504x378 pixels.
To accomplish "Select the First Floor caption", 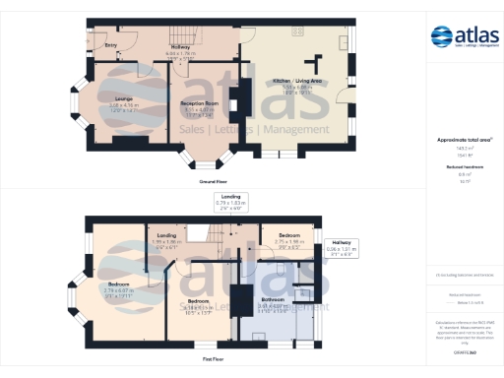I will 216,360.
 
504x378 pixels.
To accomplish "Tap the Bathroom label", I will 272,298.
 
